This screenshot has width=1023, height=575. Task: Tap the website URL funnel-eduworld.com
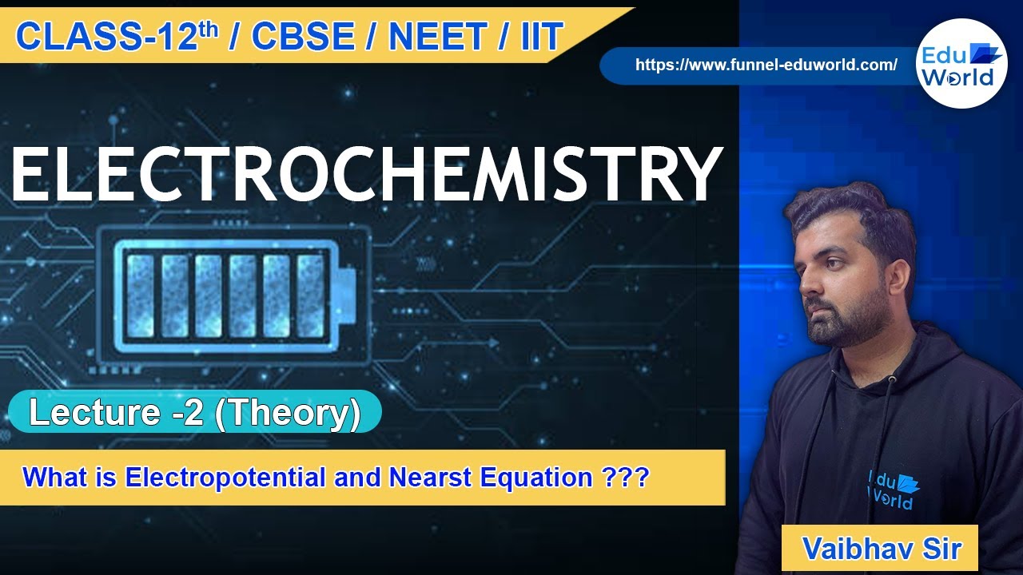tap(766, 65)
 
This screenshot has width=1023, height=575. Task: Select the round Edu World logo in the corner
tap(961, 63)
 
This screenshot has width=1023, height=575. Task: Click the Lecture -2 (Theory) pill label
tap(194, 413)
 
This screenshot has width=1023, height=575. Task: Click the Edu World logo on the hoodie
tap(893, 488)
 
